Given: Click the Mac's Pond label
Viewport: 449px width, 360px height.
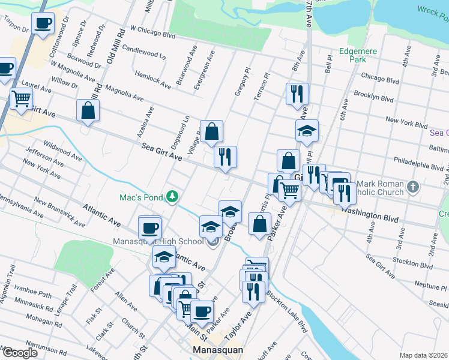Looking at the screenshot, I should point(141,196).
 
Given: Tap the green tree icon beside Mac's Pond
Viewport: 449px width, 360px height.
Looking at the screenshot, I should point(172,196).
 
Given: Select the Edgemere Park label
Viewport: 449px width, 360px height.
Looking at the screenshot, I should point(358,56).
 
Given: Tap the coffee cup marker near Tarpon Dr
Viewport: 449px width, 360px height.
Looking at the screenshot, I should point(43,23).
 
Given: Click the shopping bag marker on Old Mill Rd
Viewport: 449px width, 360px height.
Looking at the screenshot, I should point(88,110).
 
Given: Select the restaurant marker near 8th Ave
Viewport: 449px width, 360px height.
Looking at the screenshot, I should point(298,94).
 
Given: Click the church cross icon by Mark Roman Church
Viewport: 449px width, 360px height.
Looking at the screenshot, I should point(412,187).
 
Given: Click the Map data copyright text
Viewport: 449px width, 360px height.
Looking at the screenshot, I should point(423,355).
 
